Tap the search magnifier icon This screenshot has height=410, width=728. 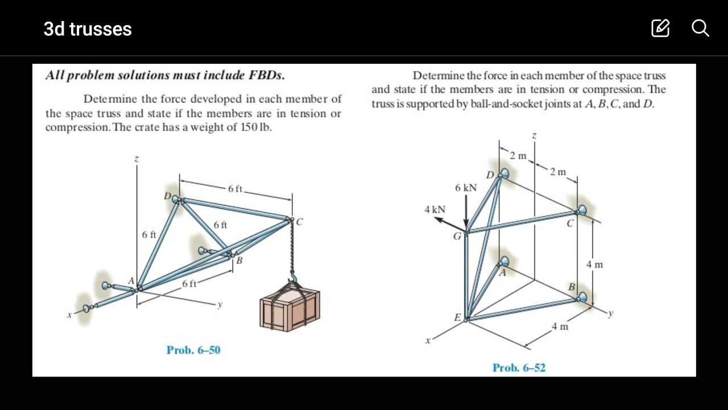(700, 28)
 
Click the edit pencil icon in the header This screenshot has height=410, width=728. (660, 28)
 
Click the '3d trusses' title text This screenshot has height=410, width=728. (88, 29)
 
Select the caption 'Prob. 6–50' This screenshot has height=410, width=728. (193, 350)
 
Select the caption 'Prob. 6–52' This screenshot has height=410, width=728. (519, 368)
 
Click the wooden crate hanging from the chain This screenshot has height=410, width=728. (289, 307)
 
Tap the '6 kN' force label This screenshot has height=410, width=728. (466, 188)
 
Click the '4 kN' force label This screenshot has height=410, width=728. (435, 210)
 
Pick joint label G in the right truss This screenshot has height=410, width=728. (457, 236)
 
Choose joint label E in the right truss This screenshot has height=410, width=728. (457, 318)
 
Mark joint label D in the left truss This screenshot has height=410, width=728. (167, 196)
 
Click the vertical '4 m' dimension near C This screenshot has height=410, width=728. (595, 264)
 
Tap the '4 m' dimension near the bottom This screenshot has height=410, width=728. (560, 327)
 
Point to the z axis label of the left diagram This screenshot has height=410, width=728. (136, 160)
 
